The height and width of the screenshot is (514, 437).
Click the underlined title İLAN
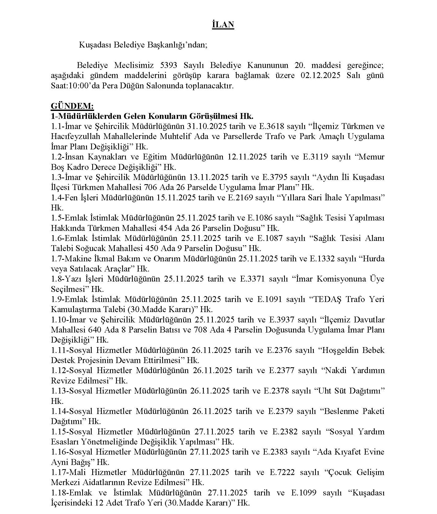(x=223, y=25)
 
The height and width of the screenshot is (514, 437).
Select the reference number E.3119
(x=315, y=157)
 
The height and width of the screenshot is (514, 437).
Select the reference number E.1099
(x=304, y=493)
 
